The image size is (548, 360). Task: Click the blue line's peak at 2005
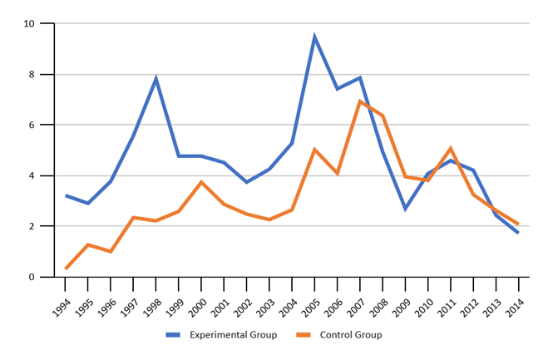[x=314, y=37]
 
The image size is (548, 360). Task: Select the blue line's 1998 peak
[x=156, y=79]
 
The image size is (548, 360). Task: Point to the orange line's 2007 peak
[x=360, y=101]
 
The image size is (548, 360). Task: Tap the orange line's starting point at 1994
[x=66, y=268]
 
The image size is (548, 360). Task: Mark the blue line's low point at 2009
[x=405, y=208]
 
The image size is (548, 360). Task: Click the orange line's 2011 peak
[x=450, y=149]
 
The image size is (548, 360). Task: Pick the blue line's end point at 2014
[x=518, y=232]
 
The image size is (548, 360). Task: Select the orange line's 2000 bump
[x=201, y=182]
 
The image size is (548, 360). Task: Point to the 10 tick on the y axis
[x=29, y=23]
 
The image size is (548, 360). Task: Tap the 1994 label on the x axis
[x=61, y=298]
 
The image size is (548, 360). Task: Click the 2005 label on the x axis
[x=309, y=298]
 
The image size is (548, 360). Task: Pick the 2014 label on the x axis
[x=513, y=298]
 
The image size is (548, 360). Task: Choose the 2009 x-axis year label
[x=400, y=298]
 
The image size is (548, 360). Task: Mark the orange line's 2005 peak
[x=314, y=150]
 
